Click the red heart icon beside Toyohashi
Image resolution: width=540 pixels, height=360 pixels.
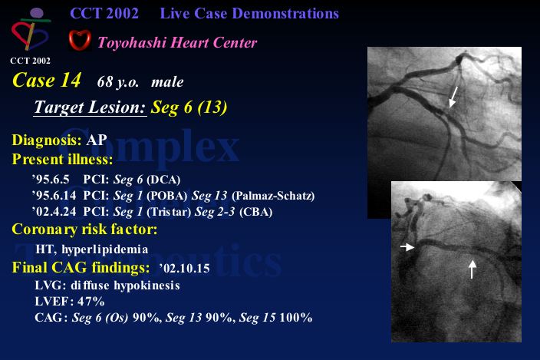(80, 41)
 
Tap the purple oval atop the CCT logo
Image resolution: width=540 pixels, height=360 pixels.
(37, 13)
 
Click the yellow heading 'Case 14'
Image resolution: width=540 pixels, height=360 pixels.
(47, 80)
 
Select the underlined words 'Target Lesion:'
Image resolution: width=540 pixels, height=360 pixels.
(91, 107)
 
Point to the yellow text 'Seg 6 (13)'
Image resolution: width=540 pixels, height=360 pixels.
(189, 107)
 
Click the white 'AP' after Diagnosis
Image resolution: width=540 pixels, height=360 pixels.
(97, 140)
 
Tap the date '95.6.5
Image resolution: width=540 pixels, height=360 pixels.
(51, 180)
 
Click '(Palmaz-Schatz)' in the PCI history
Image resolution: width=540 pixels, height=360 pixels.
(273, 196)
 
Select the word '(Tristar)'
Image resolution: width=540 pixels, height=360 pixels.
(169, 212)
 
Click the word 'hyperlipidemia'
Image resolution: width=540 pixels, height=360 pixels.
(104, 249)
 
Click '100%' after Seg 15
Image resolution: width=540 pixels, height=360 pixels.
(296, 317)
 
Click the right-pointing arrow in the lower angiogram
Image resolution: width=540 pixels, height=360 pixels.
(407, 246)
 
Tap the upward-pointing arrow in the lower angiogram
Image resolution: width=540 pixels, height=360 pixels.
(472, 269)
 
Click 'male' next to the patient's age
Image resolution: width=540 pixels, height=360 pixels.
(167, 82)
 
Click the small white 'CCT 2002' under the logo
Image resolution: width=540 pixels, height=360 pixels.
(31, 61)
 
